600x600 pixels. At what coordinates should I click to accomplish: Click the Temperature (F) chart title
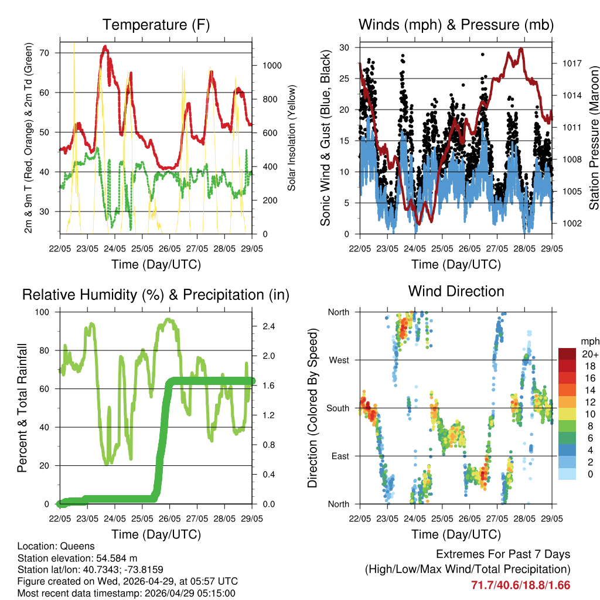(x=156, y=25)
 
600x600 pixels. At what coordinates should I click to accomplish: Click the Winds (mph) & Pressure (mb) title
(x=456, y=25)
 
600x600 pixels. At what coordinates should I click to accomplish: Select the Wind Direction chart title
(x=456, y=291)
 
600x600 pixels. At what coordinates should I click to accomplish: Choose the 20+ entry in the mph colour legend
(x=589, y=354)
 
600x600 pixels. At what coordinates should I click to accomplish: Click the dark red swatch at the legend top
(x=567, y=354)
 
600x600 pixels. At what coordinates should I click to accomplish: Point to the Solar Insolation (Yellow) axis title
(x=291, y=138)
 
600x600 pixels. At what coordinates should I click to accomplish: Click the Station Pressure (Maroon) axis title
(x=594, y=137)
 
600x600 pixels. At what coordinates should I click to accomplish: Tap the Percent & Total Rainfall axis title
(x=23, y=408)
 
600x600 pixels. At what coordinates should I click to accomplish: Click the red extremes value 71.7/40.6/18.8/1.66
(x=520, y=585)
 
